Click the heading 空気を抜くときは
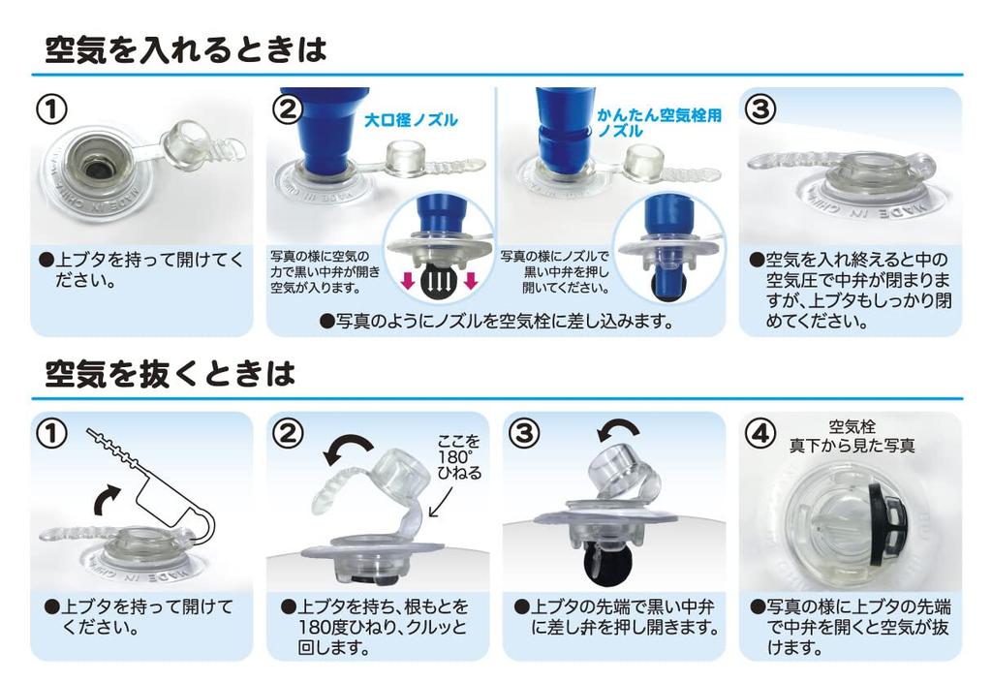pyautogui.click(x=170, y=373)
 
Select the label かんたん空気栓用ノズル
pyautogui.click(x=659, y=121)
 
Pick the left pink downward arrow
pyautogui.click(x=409, y=282)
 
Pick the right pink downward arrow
pyautogui.click(x=470, y=282)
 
